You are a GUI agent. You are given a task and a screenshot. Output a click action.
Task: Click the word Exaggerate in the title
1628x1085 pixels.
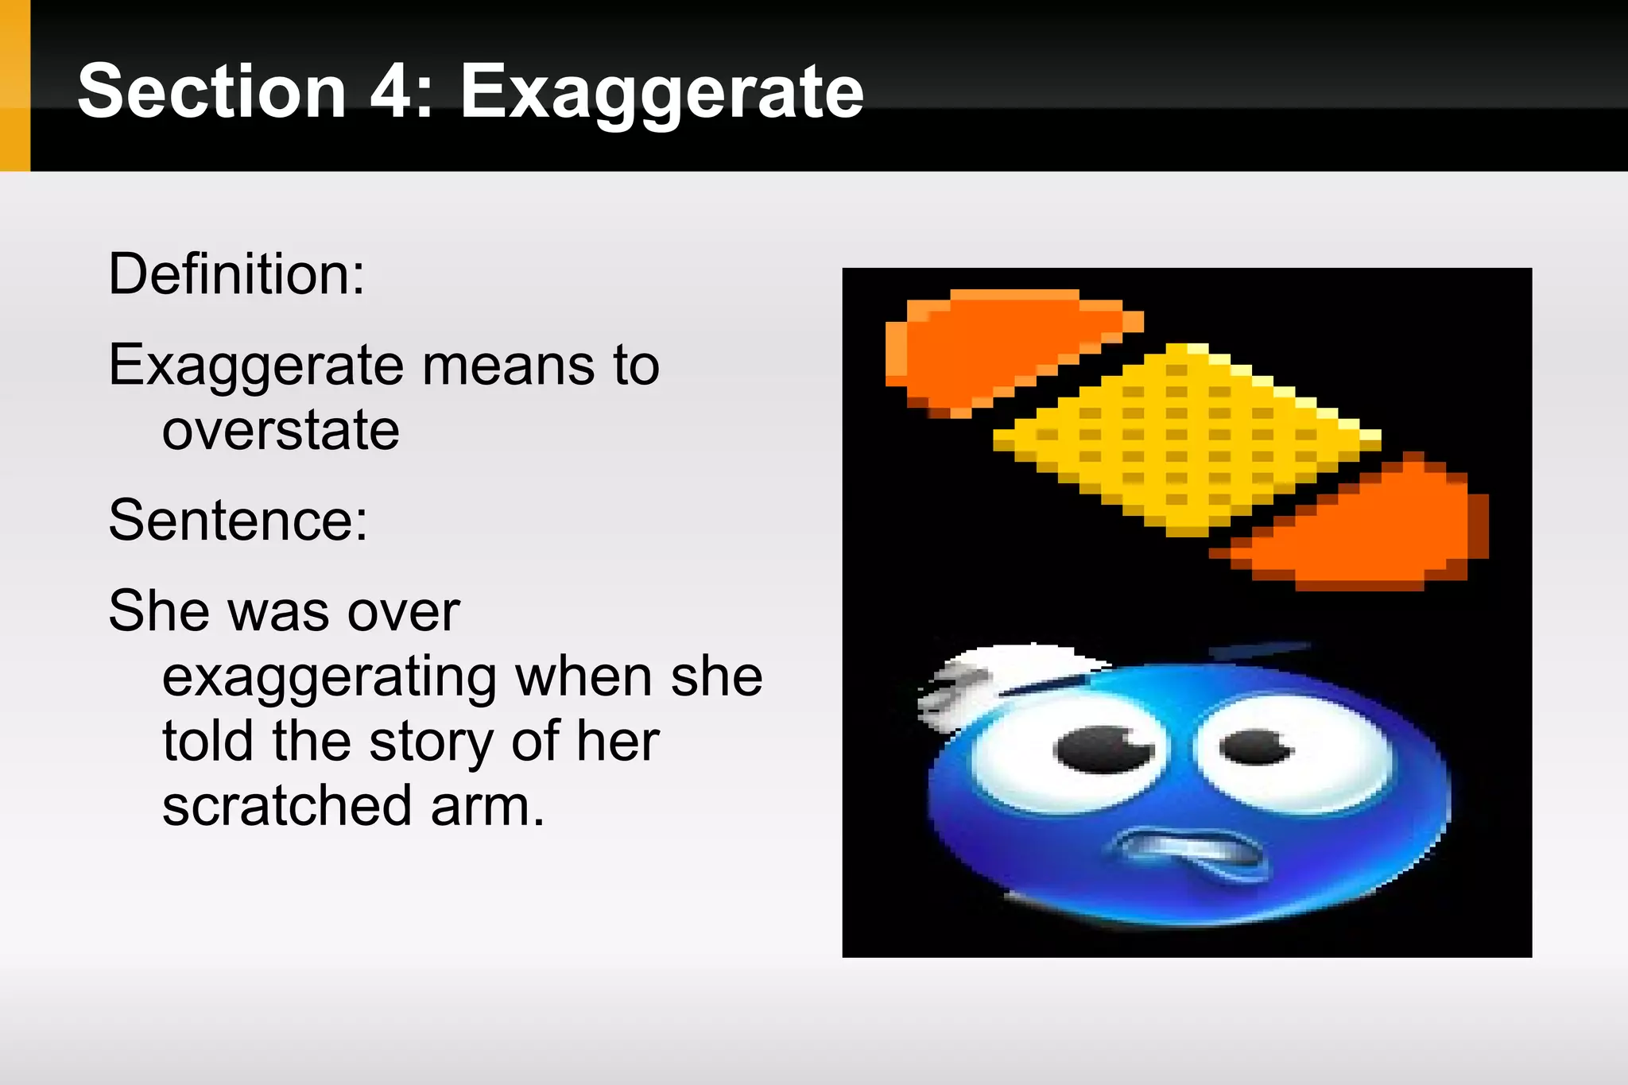click(661, 94)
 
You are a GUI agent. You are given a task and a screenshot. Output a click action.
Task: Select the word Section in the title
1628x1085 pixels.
click(211, 92)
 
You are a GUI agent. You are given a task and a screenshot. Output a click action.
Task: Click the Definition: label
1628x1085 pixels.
click(236, 274)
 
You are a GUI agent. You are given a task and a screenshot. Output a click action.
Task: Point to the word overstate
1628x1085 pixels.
click(281, 430)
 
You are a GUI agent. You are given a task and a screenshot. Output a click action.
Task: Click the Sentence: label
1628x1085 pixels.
click(238, 520)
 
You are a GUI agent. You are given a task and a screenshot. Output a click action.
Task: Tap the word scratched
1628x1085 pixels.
click(287, 806)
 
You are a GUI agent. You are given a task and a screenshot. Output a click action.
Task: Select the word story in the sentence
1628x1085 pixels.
click(431, 742)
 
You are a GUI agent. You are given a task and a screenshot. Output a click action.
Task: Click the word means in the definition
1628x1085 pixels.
click(508, 366)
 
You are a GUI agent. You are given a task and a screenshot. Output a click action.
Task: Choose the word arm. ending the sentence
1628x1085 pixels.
click(487, 806)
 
